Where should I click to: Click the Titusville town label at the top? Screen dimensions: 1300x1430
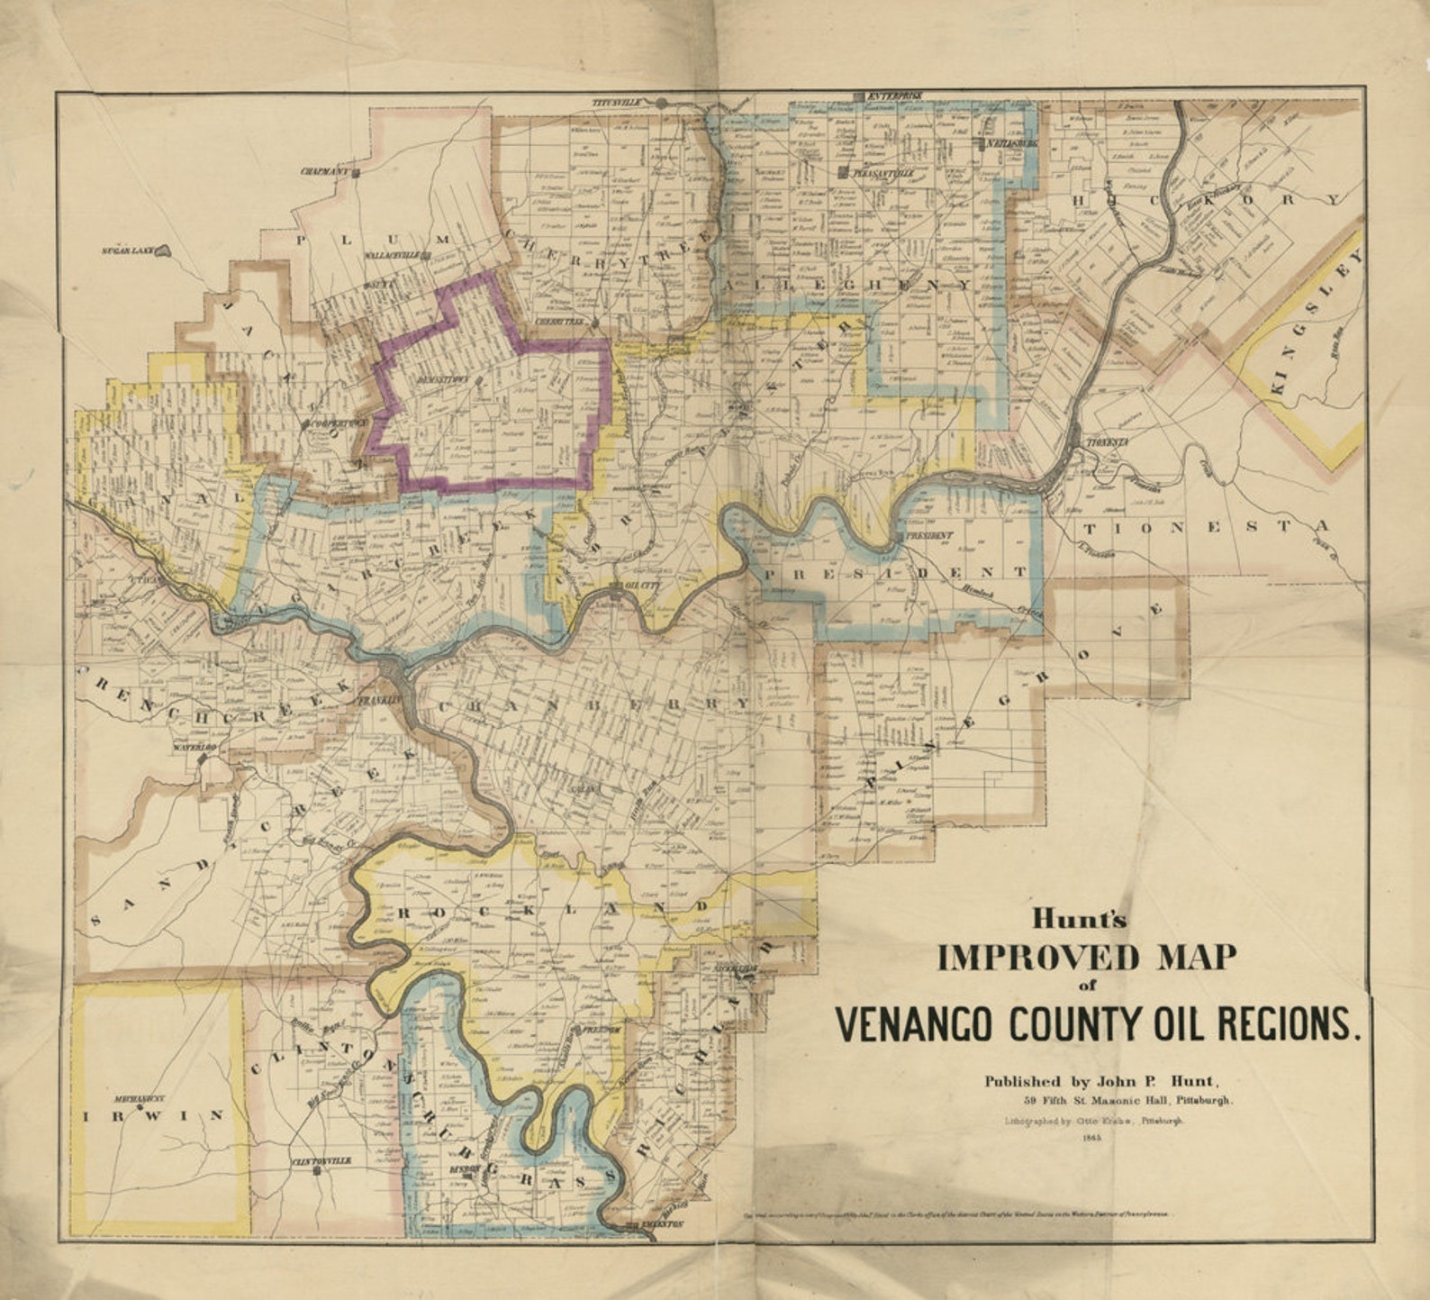620,103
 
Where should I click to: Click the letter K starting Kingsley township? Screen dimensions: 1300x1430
1278,386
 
